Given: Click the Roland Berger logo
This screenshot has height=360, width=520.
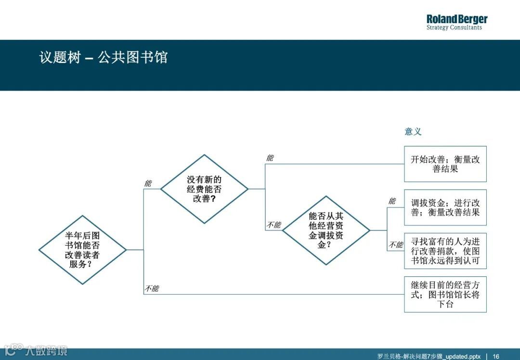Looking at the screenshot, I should pyautogui.click(x=456, y=19).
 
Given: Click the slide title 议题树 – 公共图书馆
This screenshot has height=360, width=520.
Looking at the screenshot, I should pyautogui.click(x=104, y=58).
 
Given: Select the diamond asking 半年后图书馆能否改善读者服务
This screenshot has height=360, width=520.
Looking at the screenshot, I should pyautogui.click(x=82, y=250).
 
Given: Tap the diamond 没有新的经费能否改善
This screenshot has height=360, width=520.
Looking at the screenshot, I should pyautogui.click(x=204, y=189).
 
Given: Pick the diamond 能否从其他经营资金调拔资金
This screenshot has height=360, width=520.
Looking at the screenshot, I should pyautogui.click(x=326, y=230).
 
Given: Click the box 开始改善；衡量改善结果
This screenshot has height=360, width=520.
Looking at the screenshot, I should pyautogui.click(x=445, y=164).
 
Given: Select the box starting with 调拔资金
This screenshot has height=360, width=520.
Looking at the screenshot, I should pyautogui.click(x=445, y=207).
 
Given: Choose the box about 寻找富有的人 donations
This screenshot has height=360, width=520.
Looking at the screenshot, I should pyautogui.click(x=445, y=251).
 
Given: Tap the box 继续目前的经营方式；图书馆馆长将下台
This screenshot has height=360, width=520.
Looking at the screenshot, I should pyautogui.click(x=445, y=294).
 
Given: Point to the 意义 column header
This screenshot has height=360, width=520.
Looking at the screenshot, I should pyautogui.click(x=413, y=131).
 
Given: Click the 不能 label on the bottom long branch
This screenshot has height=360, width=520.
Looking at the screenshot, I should pyautogui.click(x=152, y=289).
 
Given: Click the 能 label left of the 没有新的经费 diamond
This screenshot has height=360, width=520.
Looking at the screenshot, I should pyautogui.click(x=148, y=183).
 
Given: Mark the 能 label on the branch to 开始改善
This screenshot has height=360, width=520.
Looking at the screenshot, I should pyautogui.click(x=270, y=158).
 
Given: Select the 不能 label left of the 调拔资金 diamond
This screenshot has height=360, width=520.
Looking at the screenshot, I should pyautogui.click(x=273, y=225).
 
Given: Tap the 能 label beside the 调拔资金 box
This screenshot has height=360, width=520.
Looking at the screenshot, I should pyautogui.click(x=392, y=201).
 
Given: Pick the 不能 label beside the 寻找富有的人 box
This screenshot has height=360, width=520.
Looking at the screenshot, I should pyautogui.click(x=396, y=245).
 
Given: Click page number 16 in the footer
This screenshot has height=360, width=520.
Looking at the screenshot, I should pyautogui.click(x=496, y=356).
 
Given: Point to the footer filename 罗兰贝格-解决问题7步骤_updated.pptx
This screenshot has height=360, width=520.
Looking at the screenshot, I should pyautogui.click(x=429, y=356).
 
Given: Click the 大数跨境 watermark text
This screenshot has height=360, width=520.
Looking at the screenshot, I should pyautogui.click(x=46, y=350).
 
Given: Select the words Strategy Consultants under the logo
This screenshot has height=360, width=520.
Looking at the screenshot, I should pyautogui.click(x=454, y=28).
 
